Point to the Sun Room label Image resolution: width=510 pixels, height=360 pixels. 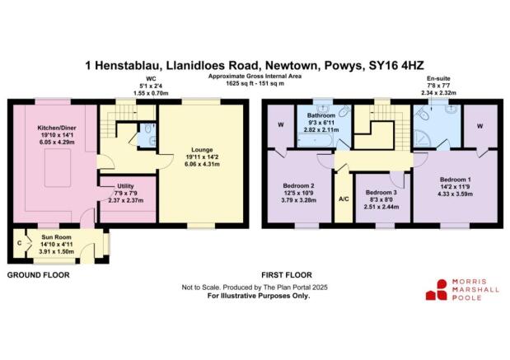[x=57, y=243]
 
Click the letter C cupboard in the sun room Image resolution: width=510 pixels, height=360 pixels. [x=18, y=243]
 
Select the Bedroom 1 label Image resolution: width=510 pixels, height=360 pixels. [x=455, y=185]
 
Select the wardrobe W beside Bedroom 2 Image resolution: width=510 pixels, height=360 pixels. [x=282, y=125]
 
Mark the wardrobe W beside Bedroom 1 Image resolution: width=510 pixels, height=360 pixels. [x=480, y=125]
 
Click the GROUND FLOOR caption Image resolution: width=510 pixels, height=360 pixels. [x=39, y=274]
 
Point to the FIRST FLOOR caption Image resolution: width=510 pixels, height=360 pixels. [x=285, y=274]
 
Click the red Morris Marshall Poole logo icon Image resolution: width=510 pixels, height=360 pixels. [x=436, y=288]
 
